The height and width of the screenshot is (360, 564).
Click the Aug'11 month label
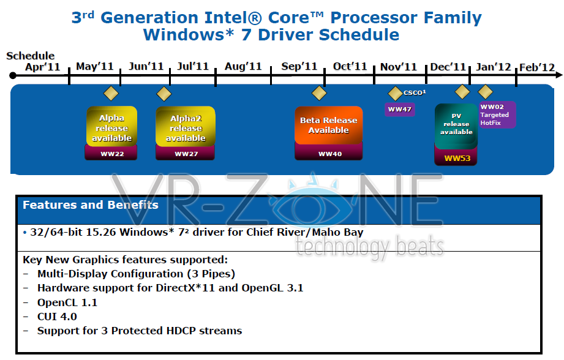coord(243,67)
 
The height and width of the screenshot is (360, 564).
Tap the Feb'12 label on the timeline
coord(536,67)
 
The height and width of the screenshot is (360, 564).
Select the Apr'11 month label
coord(42,67)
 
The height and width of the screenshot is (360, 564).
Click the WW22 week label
coord(112,154)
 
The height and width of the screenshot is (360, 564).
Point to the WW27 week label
coord(186,154)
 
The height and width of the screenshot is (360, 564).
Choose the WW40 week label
coord(330,154)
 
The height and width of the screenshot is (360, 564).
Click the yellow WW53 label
coord(457,158)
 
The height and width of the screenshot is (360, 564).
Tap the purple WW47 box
coord(400,110)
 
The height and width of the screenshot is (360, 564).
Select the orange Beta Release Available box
coord(329,125)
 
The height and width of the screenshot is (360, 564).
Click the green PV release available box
coord(456,126)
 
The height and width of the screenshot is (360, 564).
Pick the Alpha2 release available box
coord(186,127)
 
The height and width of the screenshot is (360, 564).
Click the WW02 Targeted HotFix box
coord(497,114)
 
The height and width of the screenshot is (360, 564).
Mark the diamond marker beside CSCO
coord(396,94)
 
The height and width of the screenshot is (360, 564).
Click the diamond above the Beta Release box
coord(319,93)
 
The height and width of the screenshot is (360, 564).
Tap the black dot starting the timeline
coord(13,75)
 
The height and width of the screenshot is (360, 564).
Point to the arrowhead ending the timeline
coord(559,75)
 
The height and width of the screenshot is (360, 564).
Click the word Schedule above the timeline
coord(30,56)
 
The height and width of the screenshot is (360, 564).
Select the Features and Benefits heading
coord(91,205)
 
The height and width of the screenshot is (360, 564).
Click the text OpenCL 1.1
coord(67,302)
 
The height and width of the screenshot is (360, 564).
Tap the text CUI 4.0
coord(57,317)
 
